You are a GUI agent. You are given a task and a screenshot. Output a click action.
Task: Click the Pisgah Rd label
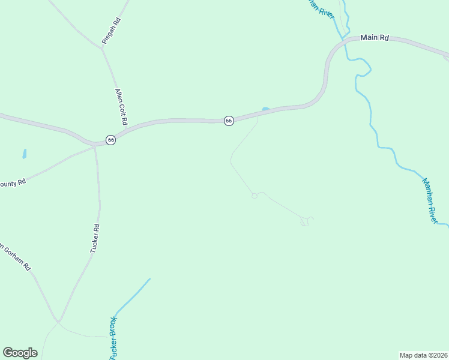[112, 25]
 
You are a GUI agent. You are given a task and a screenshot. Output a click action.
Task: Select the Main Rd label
[375, 38]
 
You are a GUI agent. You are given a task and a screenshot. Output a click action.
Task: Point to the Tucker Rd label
[95, 238]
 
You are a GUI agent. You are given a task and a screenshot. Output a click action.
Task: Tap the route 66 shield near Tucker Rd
[110, 140]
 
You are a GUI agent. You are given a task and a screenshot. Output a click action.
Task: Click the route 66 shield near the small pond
[229, 121]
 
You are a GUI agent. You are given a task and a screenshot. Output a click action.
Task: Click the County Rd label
[13, 181]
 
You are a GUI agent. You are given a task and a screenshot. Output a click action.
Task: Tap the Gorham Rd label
[16, 257]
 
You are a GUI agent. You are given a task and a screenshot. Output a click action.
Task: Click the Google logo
[20, 352]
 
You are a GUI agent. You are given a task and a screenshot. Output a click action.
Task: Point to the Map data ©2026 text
[423, 355]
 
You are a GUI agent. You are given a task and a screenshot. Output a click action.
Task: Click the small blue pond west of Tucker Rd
[25, 154]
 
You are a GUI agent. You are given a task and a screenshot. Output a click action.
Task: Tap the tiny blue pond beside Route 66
[265, 109]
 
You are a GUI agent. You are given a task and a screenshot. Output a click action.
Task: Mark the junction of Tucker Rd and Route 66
[95, 145]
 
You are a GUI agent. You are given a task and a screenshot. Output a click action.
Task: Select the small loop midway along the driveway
[255, 196]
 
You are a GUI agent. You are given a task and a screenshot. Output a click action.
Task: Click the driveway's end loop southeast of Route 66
[306, 222]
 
